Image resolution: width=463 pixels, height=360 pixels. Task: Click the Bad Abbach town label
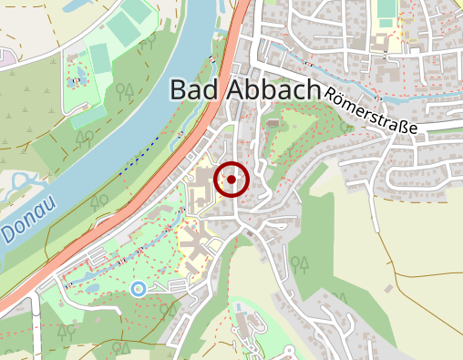point(246,90)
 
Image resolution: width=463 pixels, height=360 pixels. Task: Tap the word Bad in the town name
point(194,90)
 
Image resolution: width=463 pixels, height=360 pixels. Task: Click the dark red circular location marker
point(231,180)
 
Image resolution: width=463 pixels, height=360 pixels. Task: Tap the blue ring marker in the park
point(139,289)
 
